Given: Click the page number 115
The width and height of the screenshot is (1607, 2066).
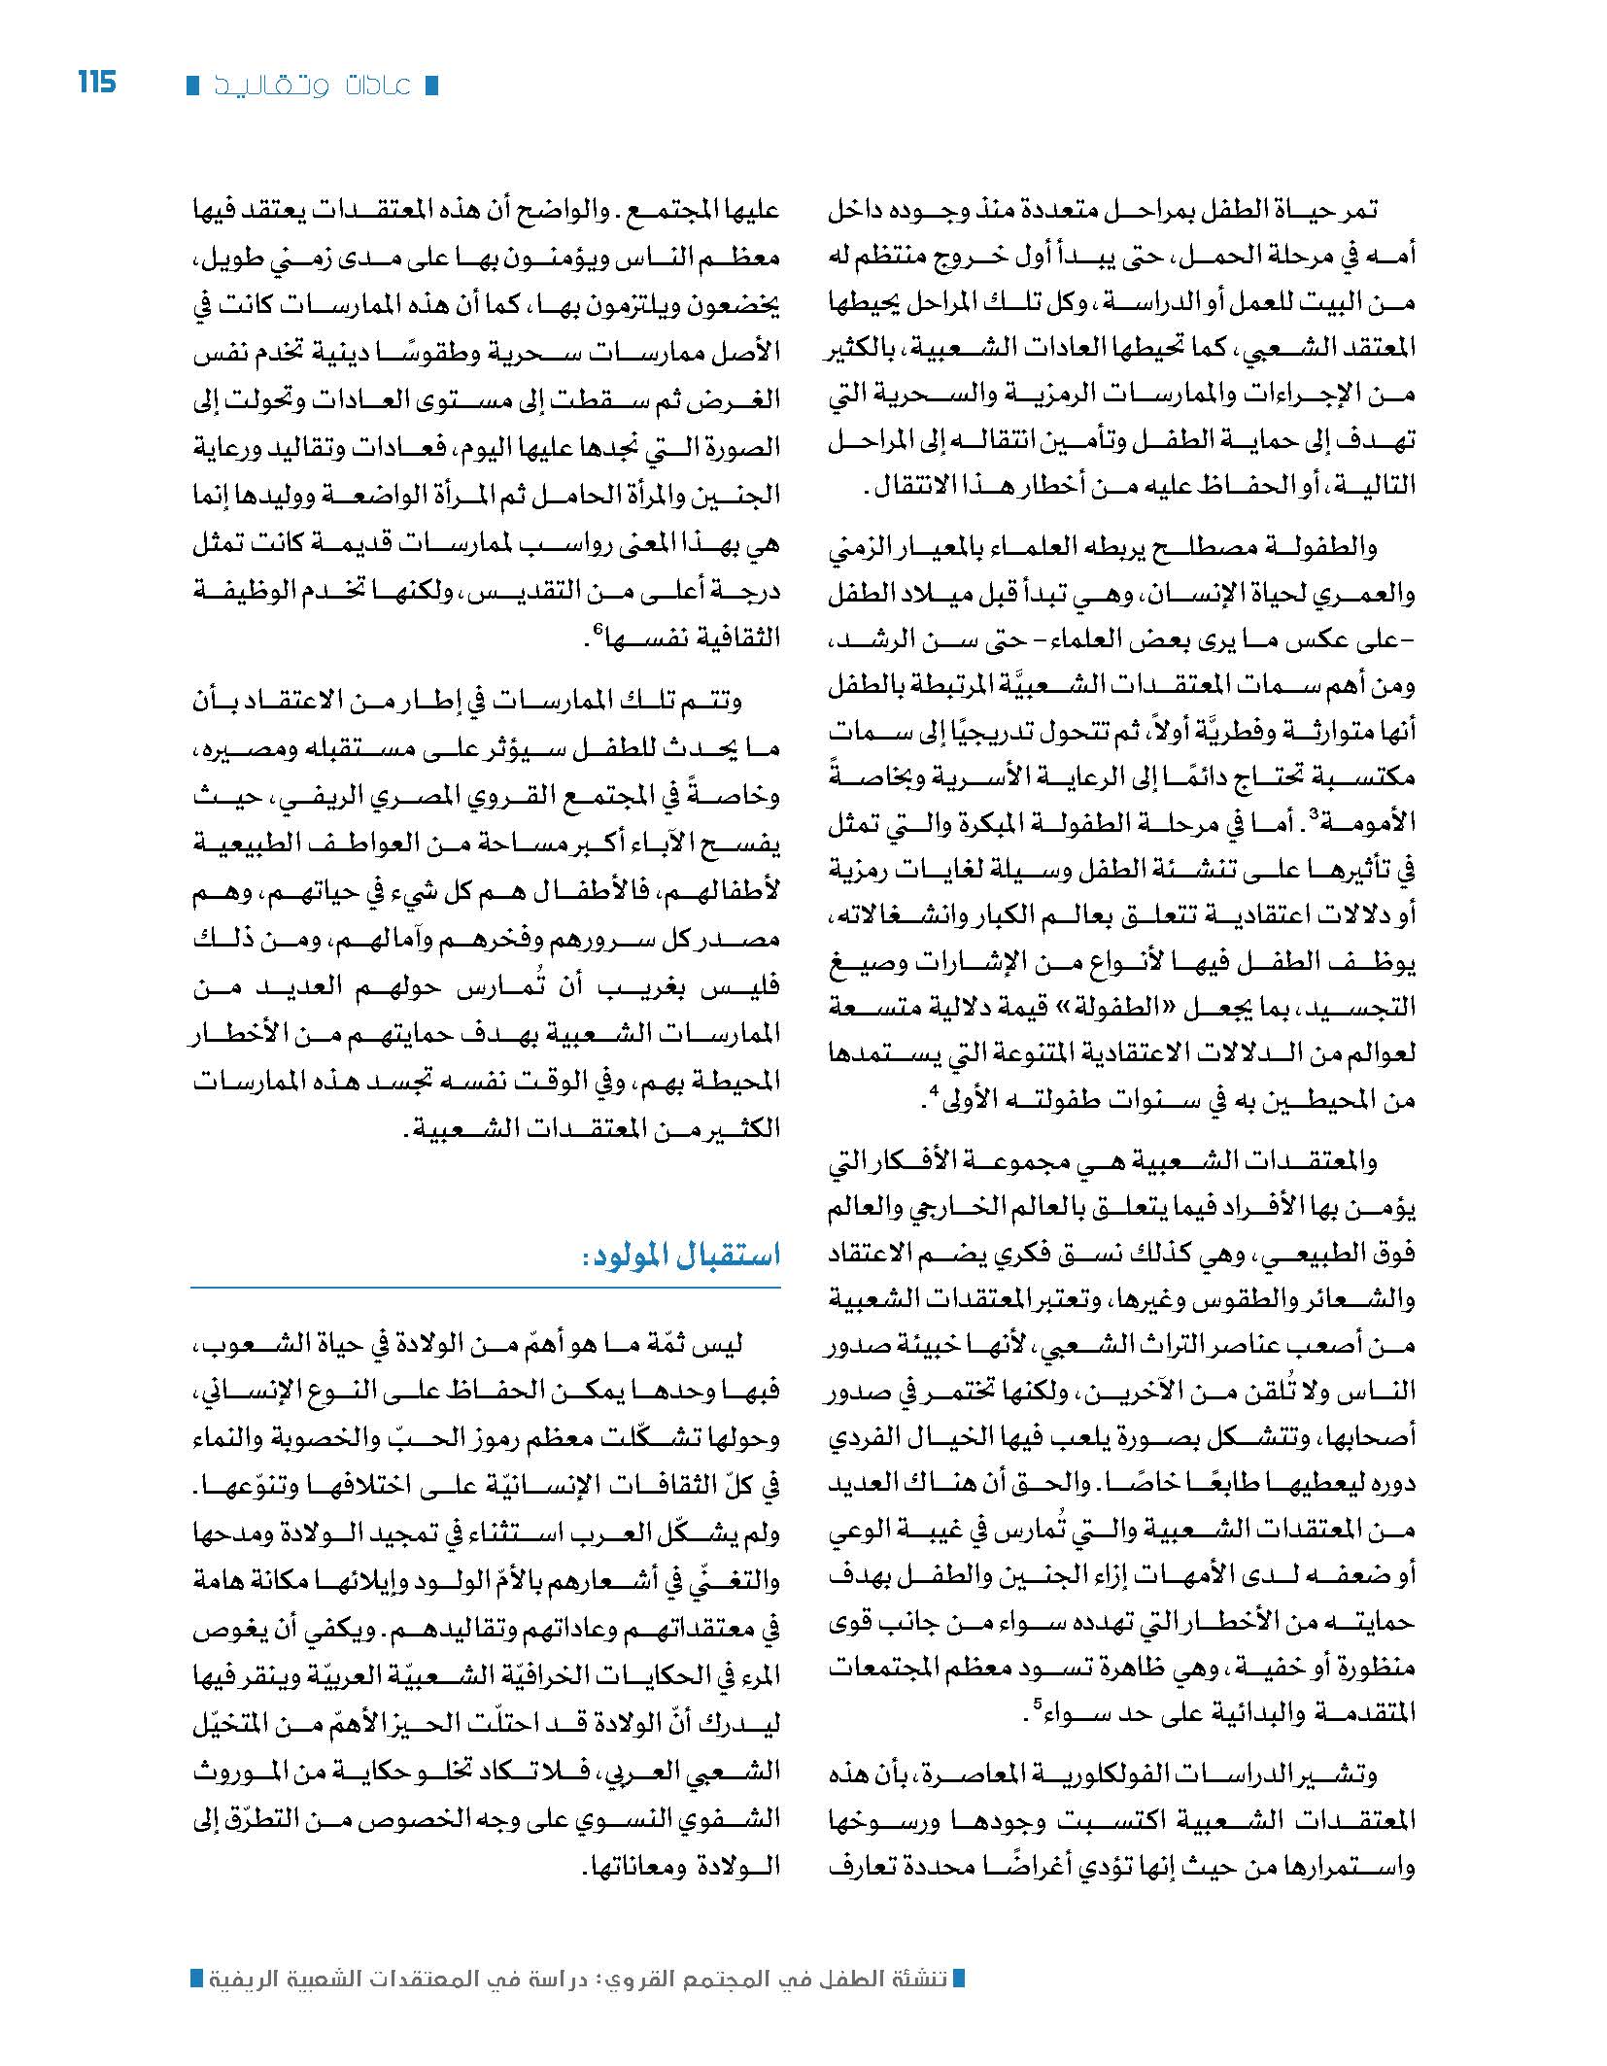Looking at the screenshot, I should [x=96, y=82].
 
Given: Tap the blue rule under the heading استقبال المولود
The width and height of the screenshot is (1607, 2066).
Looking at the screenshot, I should [x=486, y=1289].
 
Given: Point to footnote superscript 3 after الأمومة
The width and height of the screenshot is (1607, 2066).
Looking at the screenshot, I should [x=1310, y=817].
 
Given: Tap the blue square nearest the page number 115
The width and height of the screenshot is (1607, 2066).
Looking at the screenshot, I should [x=192, y=86].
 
